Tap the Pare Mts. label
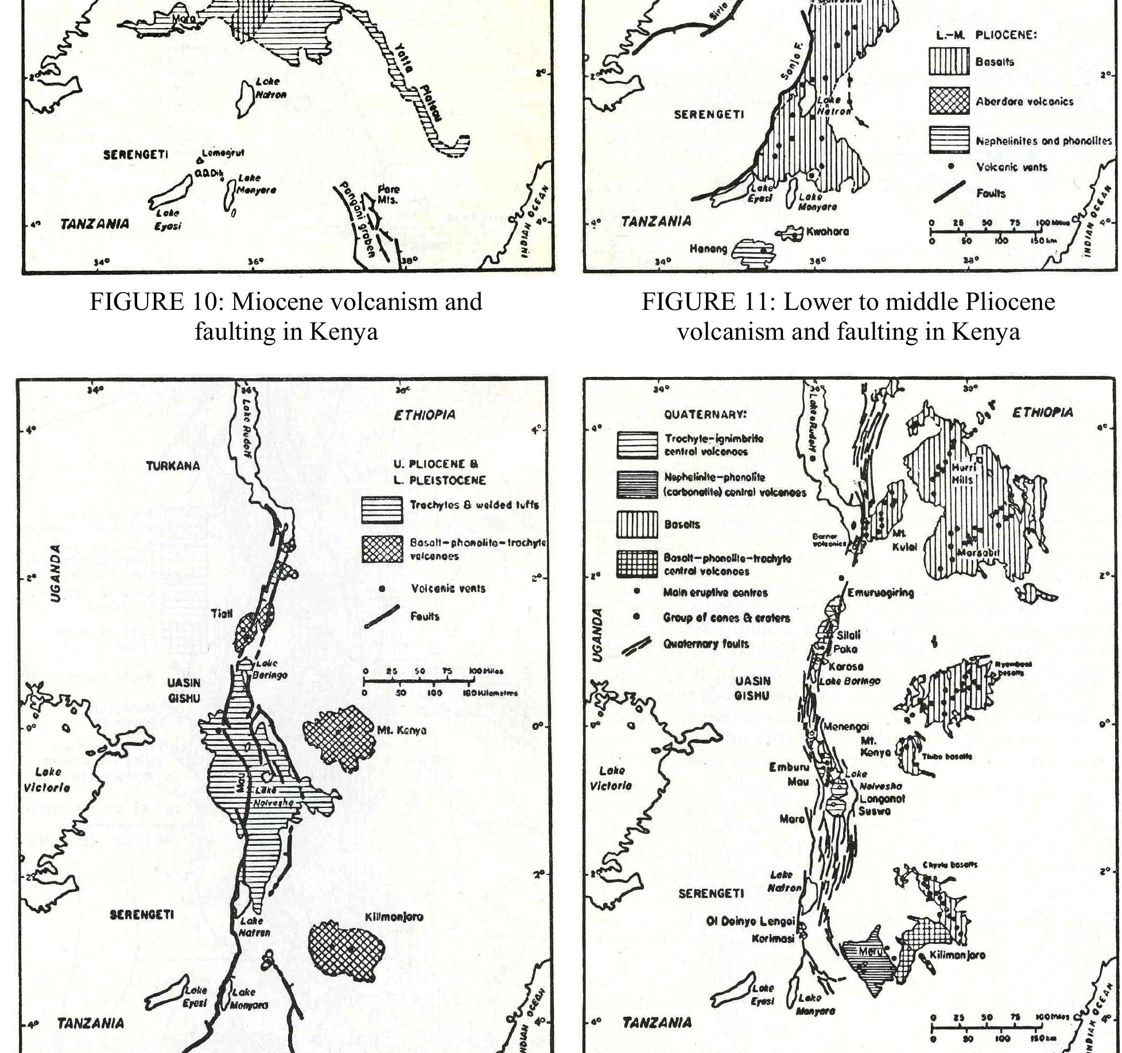coord(387,195)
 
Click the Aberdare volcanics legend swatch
coord(949,101)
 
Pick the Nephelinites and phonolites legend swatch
coord(949,140)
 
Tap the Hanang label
coord(708,249)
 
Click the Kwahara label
coord(827,232)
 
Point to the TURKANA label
coord(173,466)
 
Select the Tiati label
coord(222,613)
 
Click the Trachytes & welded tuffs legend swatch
coord(382,510)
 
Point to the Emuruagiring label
coord(880,593)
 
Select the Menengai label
coord(845,726)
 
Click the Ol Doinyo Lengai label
coord(751,922)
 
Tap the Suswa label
coord(874,811)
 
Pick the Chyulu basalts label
coord(950,865)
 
